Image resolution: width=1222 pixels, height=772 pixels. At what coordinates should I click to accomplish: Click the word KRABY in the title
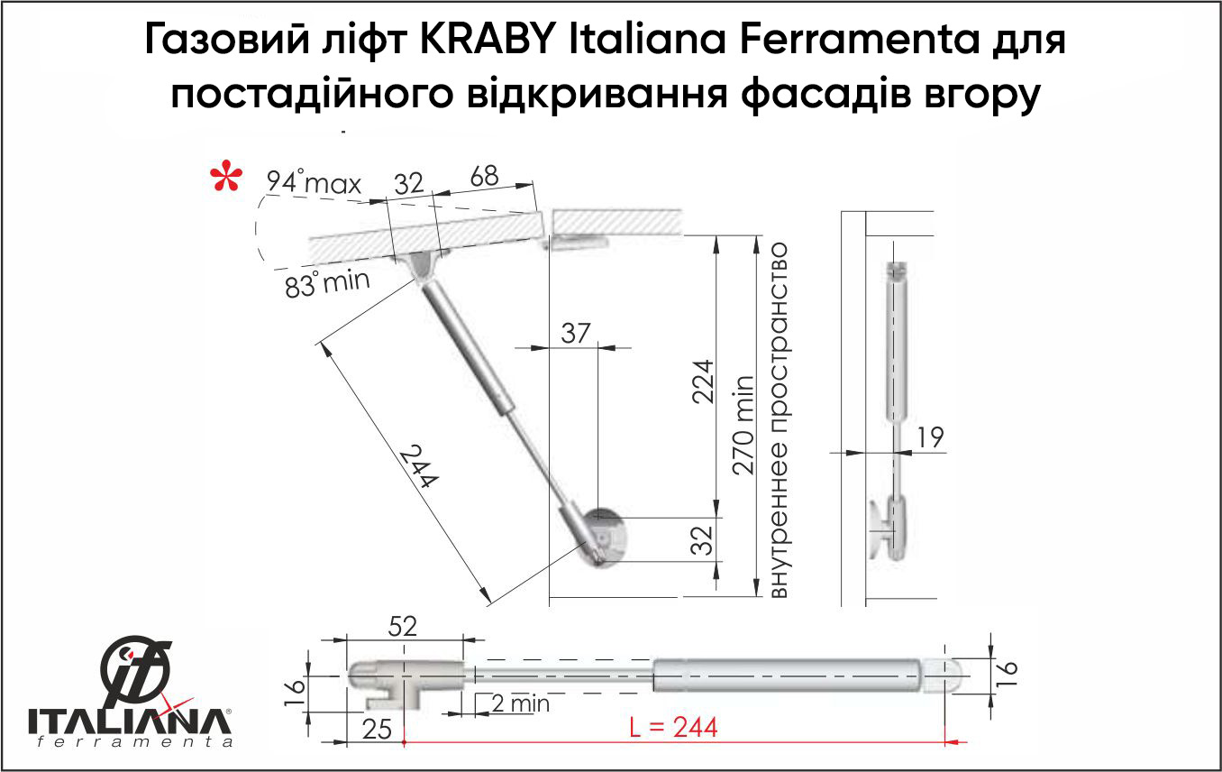(488, 40)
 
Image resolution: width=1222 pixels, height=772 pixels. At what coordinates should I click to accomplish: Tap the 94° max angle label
(314, 182)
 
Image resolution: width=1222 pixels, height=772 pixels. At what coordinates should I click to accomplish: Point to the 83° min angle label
(327, 283)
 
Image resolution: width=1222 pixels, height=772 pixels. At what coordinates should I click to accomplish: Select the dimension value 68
(484, 177)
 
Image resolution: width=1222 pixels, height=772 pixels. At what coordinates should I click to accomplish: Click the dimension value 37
(576, 333)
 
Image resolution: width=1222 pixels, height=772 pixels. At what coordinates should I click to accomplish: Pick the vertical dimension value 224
(703, 381)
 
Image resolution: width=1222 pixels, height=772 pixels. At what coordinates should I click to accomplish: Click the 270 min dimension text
(743, 425)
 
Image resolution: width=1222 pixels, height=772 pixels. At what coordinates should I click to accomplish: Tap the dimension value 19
(930, 437)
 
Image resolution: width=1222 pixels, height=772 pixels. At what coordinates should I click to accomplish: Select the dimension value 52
(402, 626)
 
